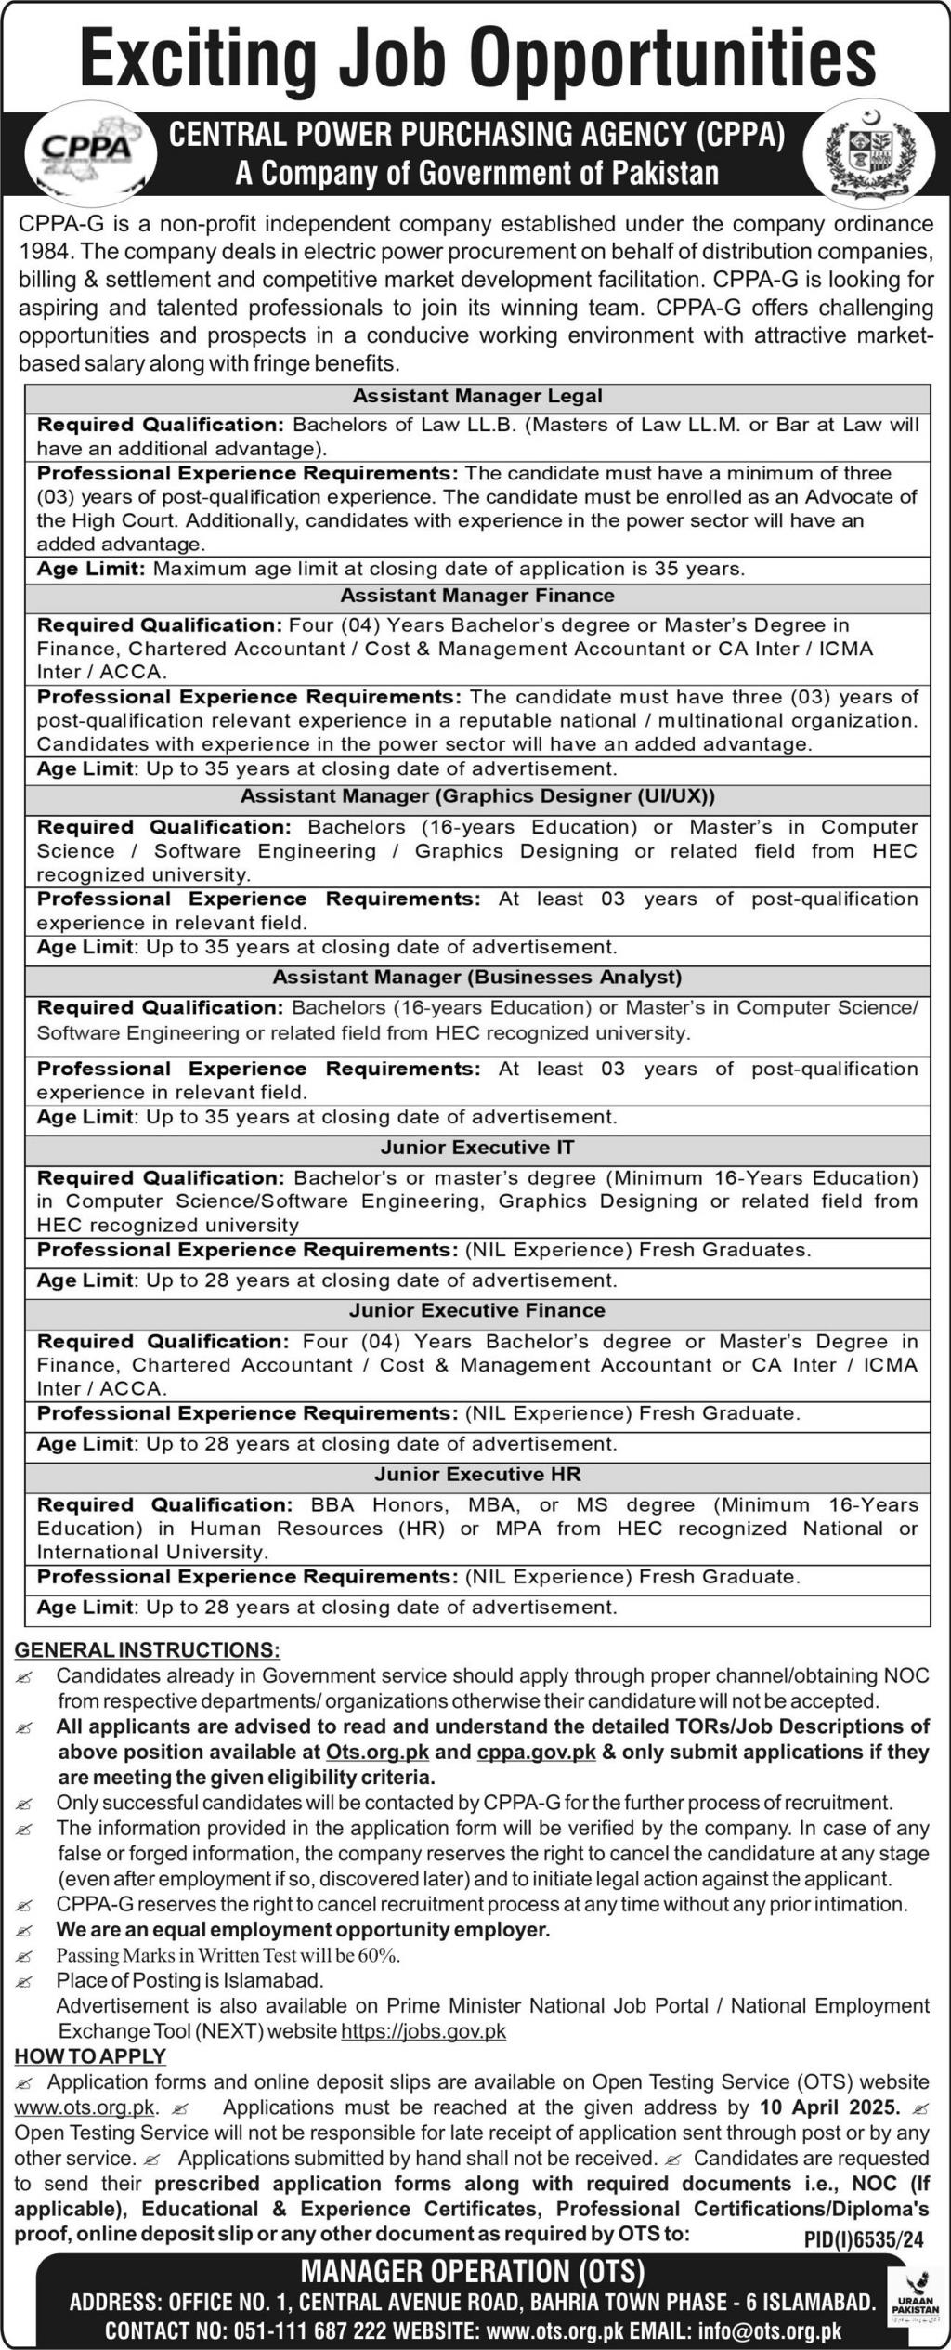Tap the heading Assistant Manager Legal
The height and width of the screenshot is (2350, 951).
[477, 396]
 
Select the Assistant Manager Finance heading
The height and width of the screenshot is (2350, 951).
[477, 596]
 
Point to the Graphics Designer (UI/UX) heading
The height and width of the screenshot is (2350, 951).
[477, 796]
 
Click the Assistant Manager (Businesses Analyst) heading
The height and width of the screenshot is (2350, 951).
[477, 978]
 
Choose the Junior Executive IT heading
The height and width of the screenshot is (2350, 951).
[477, 1148]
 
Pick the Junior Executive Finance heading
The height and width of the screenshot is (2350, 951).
[477, 1311]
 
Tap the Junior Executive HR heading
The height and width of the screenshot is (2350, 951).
[477, 1475]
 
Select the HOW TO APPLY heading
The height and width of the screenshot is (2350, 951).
[90, 2055]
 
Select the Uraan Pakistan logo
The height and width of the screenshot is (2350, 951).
[915, 2295]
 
